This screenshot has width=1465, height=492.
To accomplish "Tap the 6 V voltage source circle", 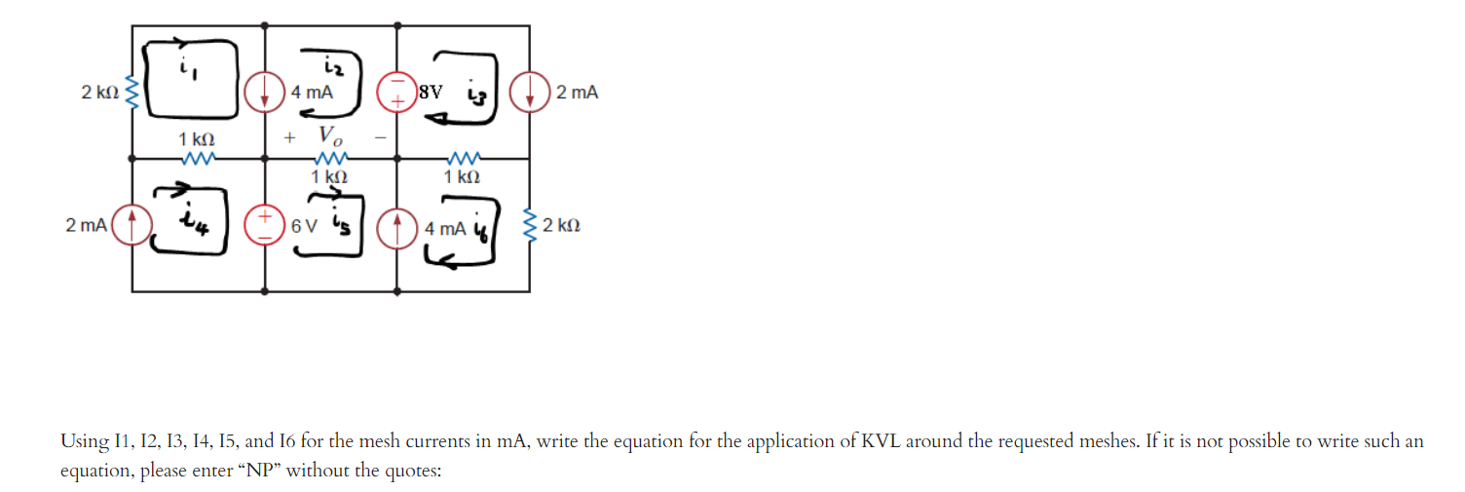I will (x=266, y=225).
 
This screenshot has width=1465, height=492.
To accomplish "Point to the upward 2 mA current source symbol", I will (x=131, y=225).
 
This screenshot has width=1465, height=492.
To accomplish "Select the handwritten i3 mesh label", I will (x=476, y=95).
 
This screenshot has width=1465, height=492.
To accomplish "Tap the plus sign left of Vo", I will (x=288, y=138).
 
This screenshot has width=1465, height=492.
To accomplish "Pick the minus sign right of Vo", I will (x=380, y=138).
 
